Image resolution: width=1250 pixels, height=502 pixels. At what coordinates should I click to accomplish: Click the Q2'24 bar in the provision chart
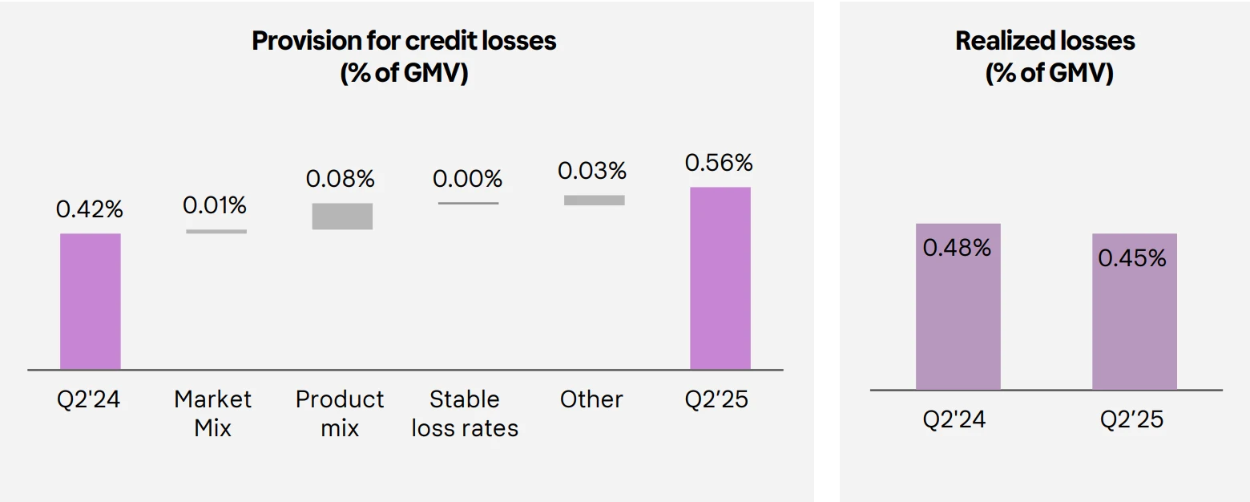(x=91, y=302)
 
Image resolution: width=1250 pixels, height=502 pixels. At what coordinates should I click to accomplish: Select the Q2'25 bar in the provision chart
(x=720, y=278)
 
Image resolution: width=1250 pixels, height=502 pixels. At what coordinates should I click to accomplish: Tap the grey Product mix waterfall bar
(x=342, y=216)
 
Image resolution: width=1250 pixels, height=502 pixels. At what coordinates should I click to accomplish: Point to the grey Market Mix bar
(x=216, y=231)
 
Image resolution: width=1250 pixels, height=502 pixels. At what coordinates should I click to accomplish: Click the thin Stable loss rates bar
(x=468, y=203)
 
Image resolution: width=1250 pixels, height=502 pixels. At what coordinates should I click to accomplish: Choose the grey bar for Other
(x=595, y=200)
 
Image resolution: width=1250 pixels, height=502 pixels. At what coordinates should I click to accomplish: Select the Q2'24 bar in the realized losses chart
(x=958, y=306)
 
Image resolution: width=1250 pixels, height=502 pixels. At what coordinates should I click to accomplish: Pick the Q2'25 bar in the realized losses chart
(x=1135, y=312)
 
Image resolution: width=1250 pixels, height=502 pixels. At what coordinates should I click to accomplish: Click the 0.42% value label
(x=89, y=209)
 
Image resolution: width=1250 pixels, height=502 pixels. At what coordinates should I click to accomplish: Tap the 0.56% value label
(x=719, y=163)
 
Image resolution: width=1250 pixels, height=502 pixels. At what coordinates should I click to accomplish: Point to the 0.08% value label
(x=340, y=179)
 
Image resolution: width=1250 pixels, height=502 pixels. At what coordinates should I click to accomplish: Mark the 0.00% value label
(x=467, y=179)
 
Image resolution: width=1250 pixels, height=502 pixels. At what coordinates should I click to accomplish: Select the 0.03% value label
(x=592, y=171)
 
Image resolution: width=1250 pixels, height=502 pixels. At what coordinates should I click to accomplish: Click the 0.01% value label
(x=214, y=205)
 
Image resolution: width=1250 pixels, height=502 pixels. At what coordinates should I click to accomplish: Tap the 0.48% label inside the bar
(x=957, y=248)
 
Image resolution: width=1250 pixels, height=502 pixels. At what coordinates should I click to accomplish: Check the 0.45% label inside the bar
(x=1132, y=258)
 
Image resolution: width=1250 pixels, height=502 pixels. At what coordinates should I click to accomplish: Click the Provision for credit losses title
(x=404, y=56)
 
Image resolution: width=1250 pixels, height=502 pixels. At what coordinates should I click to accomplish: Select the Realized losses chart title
(x=1045, y=56)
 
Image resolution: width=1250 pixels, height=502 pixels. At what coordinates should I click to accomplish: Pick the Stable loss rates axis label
(x=465, y=414)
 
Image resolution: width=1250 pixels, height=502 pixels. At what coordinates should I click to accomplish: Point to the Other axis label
(x=591, y=399)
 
